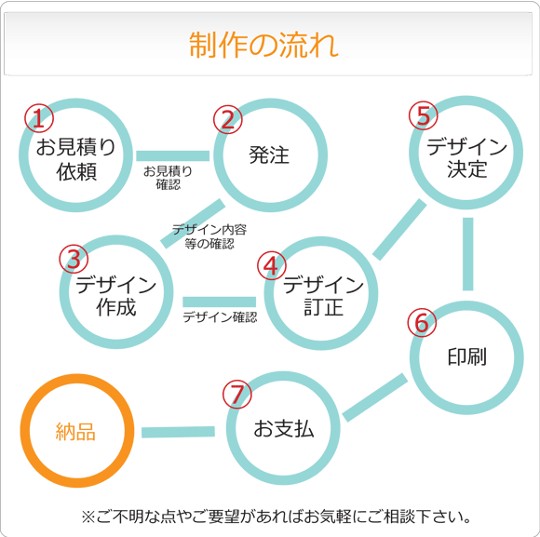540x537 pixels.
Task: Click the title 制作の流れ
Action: click(x=263, y=45)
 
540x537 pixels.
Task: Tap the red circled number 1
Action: click(x=39, y=118)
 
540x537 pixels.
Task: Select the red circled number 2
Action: click(x=228, y=119)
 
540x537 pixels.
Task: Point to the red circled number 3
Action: click(x=74, y=259)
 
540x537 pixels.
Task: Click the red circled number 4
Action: click(x=272, y=266)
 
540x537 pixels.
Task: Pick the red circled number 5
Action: click(x=424, y=115)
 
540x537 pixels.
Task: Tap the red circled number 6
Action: click(x=422, y=323)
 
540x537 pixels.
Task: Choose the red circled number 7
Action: click(x=236, y=395)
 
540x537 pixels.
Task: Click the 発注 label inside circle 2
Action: click(x=269, y=154)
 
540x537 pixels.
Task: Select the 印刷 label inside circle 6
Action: click(x=467, y=356)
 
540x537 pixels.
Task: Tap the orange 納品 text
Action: click(x=75, y=432)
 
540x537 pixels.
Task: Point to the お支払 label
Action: click(x=284, y=429)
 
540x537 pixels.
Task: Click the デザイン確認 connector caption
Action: click(x=220, y=317)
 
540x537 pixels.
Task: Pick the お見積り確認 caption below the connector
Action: click(x=169, y=178)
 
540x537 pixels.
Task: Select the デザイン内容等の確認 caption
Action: click(x=209, y=236)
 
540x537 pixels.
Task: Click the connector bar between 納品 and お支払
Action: click(x=178, y=432)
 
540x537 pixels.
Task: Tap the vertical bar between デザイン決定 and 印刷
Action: click(x=467, y=254)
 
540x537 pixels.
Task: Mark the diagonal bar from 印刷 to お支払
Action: click(x=375, y=397)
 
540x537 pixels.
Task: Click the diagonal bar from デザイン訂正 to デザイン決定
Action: click(x=399, y=229)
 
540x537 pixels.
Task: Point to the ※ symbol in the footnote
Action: click(x=88, y=517)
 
